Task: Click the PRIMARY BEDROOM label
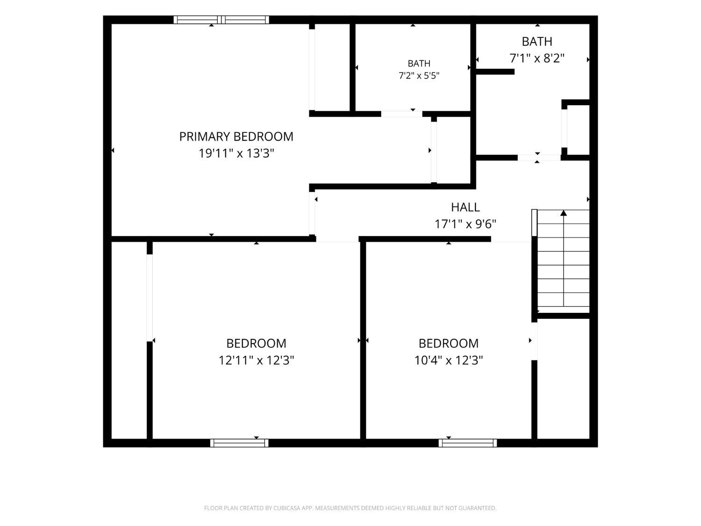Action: [x=236, y=137]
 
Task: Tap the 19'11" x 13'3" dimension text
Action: [x=236, y=153]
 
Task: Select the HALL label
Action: [x=465, y=207]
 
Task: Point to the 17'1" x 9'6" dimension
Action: [x=465, y=224]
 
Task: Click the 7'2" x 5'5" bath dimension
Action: [x=419, y=76]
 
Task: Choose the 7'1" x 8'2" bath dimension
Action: [x=537, y=58]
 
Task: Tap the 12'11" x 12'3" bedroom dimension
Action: [x=256, y=360]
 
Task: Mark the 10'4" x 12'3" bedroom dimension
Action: [x=448, y=360]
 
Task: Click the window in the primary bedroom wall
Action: [x=222, y=20]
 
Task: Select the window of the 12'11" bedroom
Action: [x=239, y=443]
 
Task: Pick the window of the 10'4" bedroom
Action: [x=467, y=443]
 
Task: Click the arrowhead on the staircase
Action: [x=563, y=213]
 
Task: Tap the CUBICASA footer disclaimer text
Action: [x=350, y=508]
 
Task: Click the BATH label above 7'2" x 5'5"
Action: [x=419, y=64]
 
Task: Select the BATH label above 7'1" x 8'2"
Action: [x=537, y=42]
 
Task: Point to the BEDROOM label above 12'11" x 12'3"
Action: [x=256, y=344]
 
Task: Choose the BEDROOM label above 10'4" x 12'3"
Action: [x=448, y=344]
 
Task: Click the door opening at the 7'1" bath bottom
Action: [x=539, y=158]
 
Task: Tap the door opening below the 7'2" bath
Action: [x=402, y=114]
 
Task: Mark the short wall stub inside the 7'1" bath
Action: [x=495, y=72]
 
